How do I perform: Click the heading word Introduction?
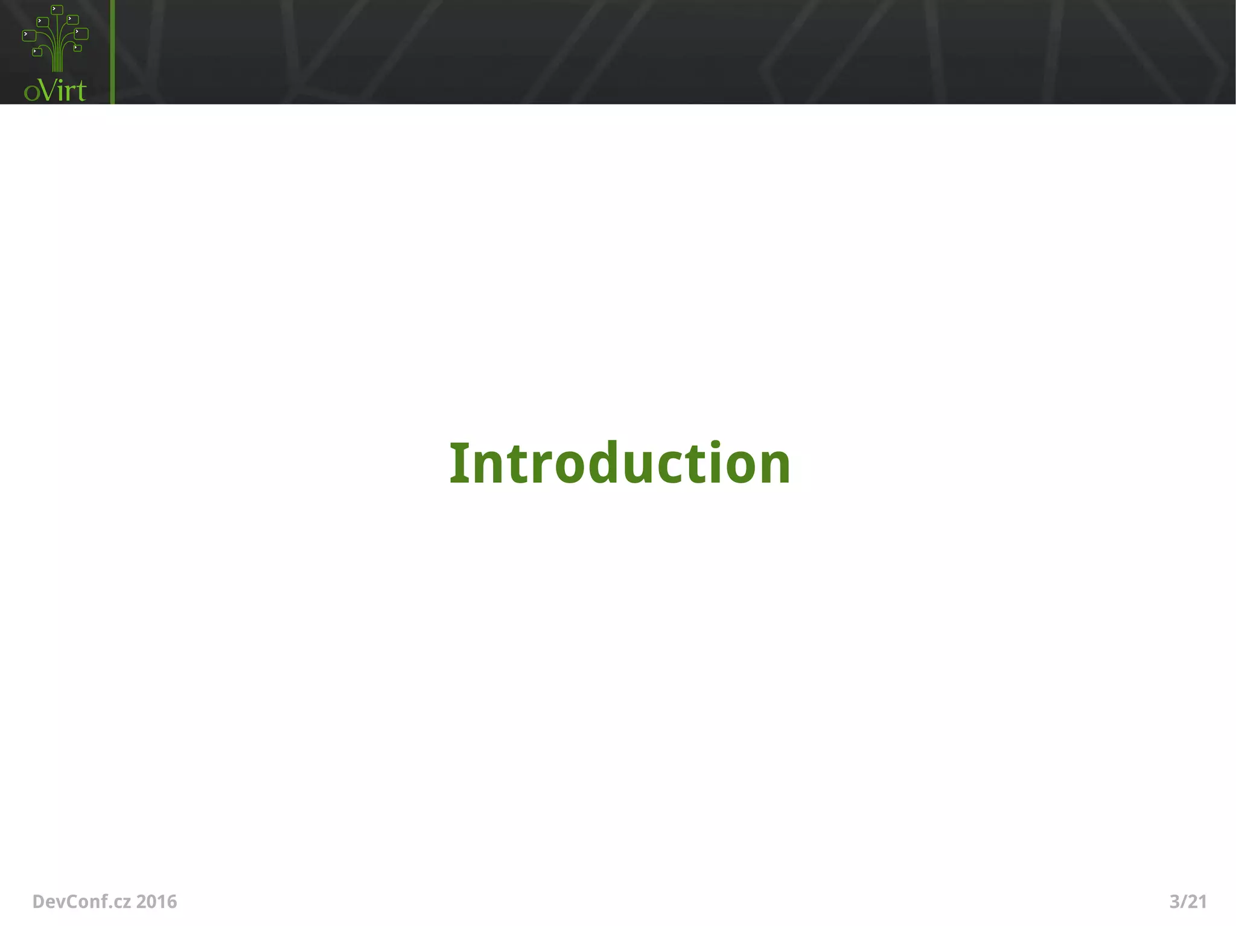point(620,463)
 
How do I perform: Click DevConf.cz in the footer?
point(81,902)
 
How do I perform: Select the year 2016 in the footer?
point(156,902)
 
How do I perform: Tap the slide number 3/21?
point(1188,902)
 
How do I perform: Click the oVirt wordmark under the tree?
point(55,91)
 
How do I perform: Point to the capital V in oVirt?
point(49,90)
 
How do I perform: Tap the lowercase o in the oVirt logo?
point(32,93)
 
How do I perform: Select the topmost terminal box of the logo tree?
point(57,10)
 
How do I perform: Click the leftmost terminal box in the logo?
point(29,36)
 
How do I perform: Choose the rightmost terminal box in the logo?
point(81,33)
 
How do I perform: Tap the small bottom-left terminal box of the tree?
point(37,52)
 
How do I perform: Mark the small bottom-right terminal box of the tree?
point(77,48)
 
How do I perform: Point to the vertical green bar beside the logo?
point(112,52)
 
